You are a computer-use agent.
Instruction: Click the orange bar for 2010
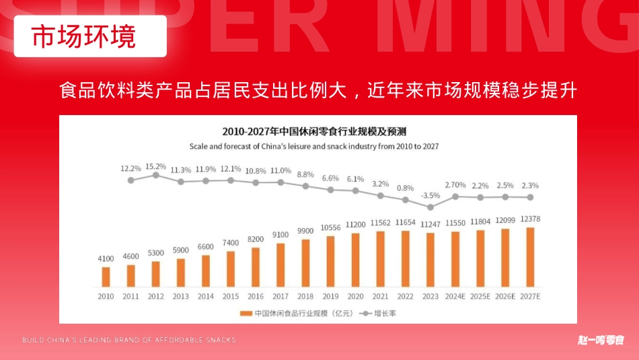pyautogui.click(x=106, y=277)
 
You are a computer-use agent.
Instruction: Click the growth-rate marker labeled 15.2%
pyautogui.click(x=155, y=175)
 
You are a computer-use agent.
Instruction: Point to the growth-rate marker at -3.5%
pyautogui.click(x=430, y=207)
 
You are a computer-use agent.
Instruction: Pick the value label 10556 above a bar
pyautogui.click(x=330, y=227)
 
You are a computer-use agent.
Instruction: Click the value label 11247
pyautogui.click(x=430, y=225)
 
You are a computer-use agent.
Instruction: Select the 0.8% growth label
pyautogui.click(x=406, y=188)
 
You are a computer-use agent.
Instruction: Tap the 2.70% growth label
pyautogui.click(x=455, y=185)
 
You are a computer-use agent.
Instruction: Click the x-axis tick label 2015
pyautogui.click(x=230, y=296)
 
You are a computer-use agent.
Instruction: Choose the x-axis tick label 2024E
pyautogui.click(x=455, y=296)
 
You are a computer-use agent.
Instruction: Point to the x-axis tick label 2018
pyautogui.click(x=305, y=296)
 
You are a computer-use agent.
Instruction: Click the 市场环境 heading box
pyautogui.click(x=90, y=36)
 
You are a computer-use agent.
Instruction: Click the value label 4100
pyautogui.click(x=106, y=258)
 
